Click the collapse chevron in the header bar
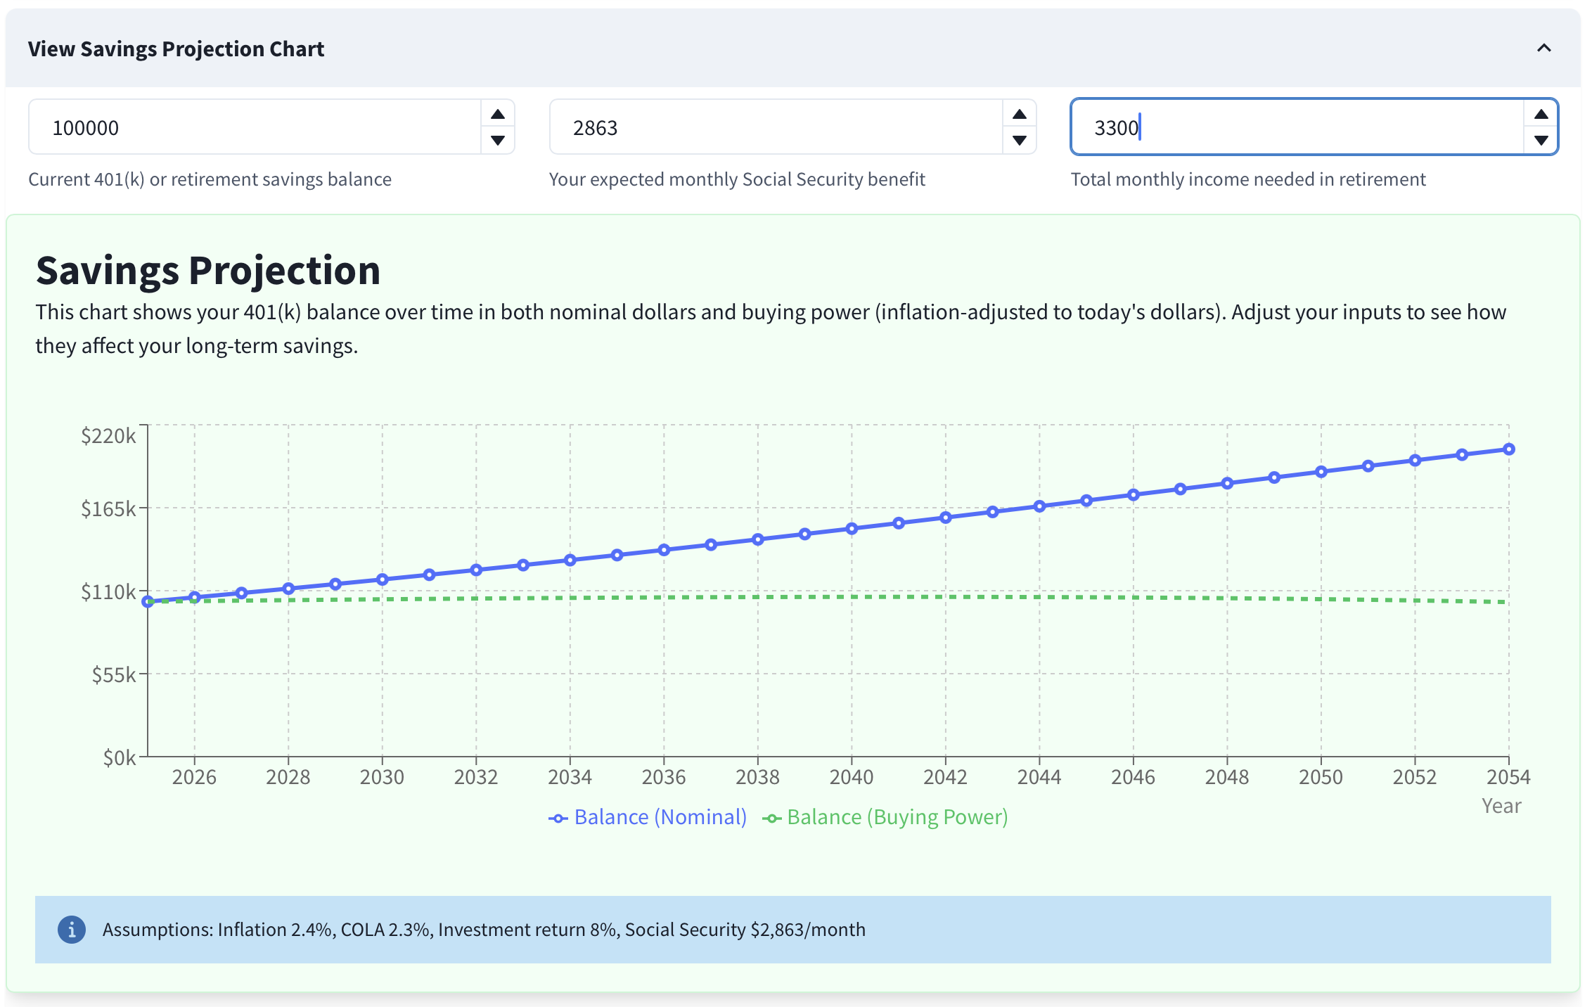coord(1543,49)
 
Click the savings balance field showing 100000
coord(253,127)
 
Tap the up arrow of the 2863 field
coord(1019,115)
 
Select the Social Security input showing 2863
coord(773,127)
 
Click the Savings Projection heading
coord(208,271)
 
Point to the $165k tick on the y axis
coord(108,508)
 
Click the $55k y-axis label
coord(114,675)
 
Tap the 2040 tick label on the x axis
coord(851,777)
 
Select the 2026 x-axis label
coord(194,777)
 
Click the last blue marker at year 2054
coord(1508,449)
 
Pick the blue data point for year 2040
coord(852,529)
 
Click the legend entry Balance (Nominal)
coord(648,817)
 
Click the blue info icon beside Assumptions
coord(72,930)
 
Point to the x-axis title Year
coord(1501,806)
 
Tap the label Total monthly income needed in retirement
coord(1247,179)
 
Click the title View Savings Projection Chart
coord(176,49)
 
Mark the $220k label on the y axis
coord(108,436)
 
